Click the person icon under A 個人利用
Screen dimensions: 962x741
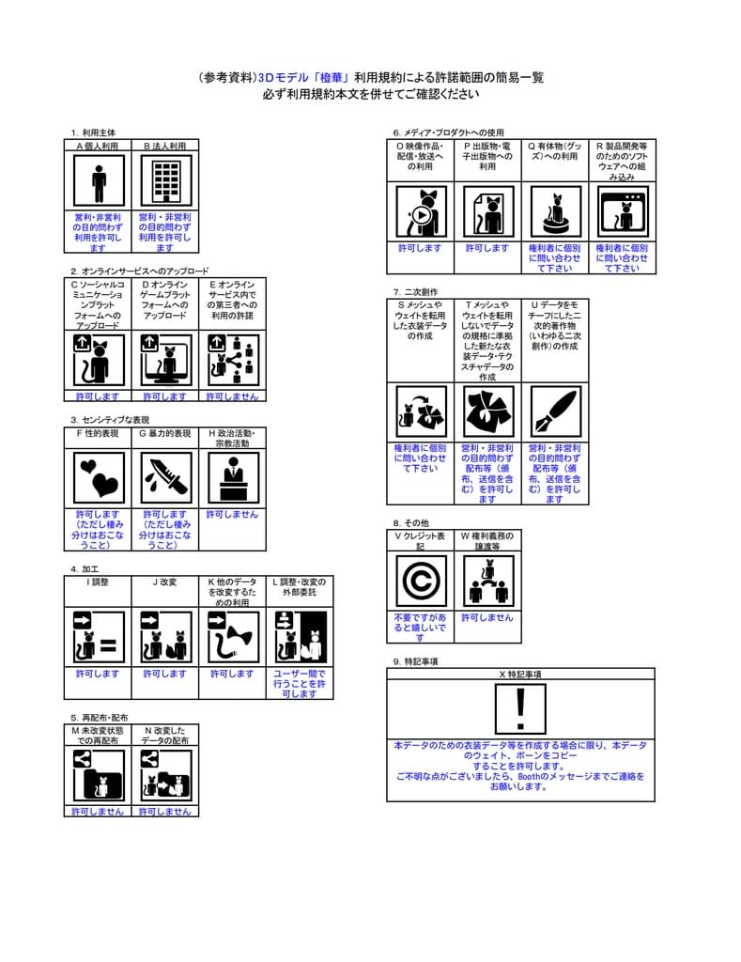pos(99,181)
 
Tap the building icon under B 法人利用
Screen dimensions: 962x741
pos(165,181)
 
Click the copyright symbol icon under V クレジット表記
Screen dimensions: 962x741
pos(420,581)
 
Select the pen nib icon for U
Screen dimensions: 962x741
pos(554,411)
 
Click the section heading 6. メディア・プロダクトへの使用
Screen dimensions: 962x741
pos(448,132)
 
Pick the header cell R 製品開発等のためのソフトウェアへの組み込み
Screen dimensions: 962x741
pos(622,161)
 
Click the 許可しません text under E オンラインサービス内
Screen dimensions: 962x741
pos(232,396)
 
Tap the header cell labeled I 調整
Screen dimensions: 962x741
pos(99,582)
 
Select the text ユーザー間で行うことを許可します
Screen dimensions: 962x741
pos(299,683)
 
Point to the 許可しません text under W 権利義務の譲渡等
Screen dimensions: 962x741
pos(487,618)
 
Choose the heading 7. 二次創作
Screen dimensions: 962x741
pos(415,292)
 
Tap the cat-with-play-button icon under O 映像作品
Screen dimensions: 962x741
pos(420,211)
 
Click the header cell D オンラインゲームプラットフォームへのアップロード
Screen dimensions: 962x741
pos(165,300)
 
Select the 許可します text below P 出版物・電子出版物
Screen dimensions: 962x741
pos(487,248)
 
